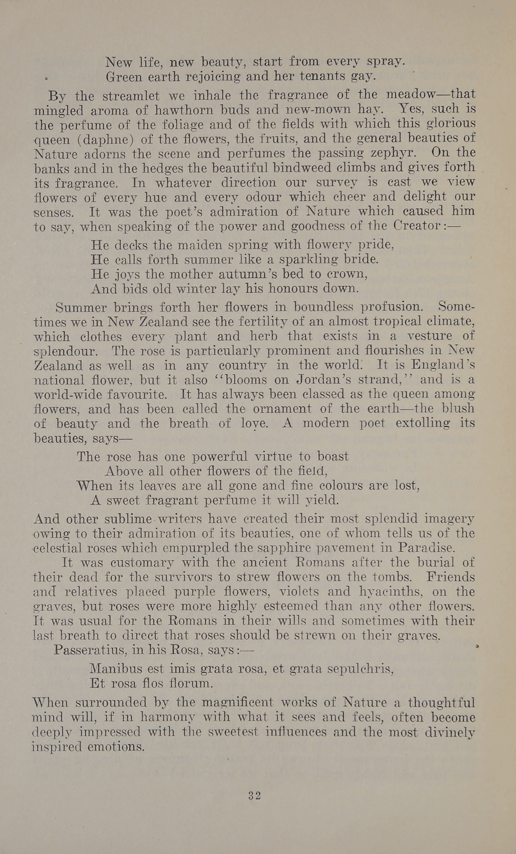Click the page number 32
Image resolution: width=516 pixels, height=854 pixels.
(x=254, y=795)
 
